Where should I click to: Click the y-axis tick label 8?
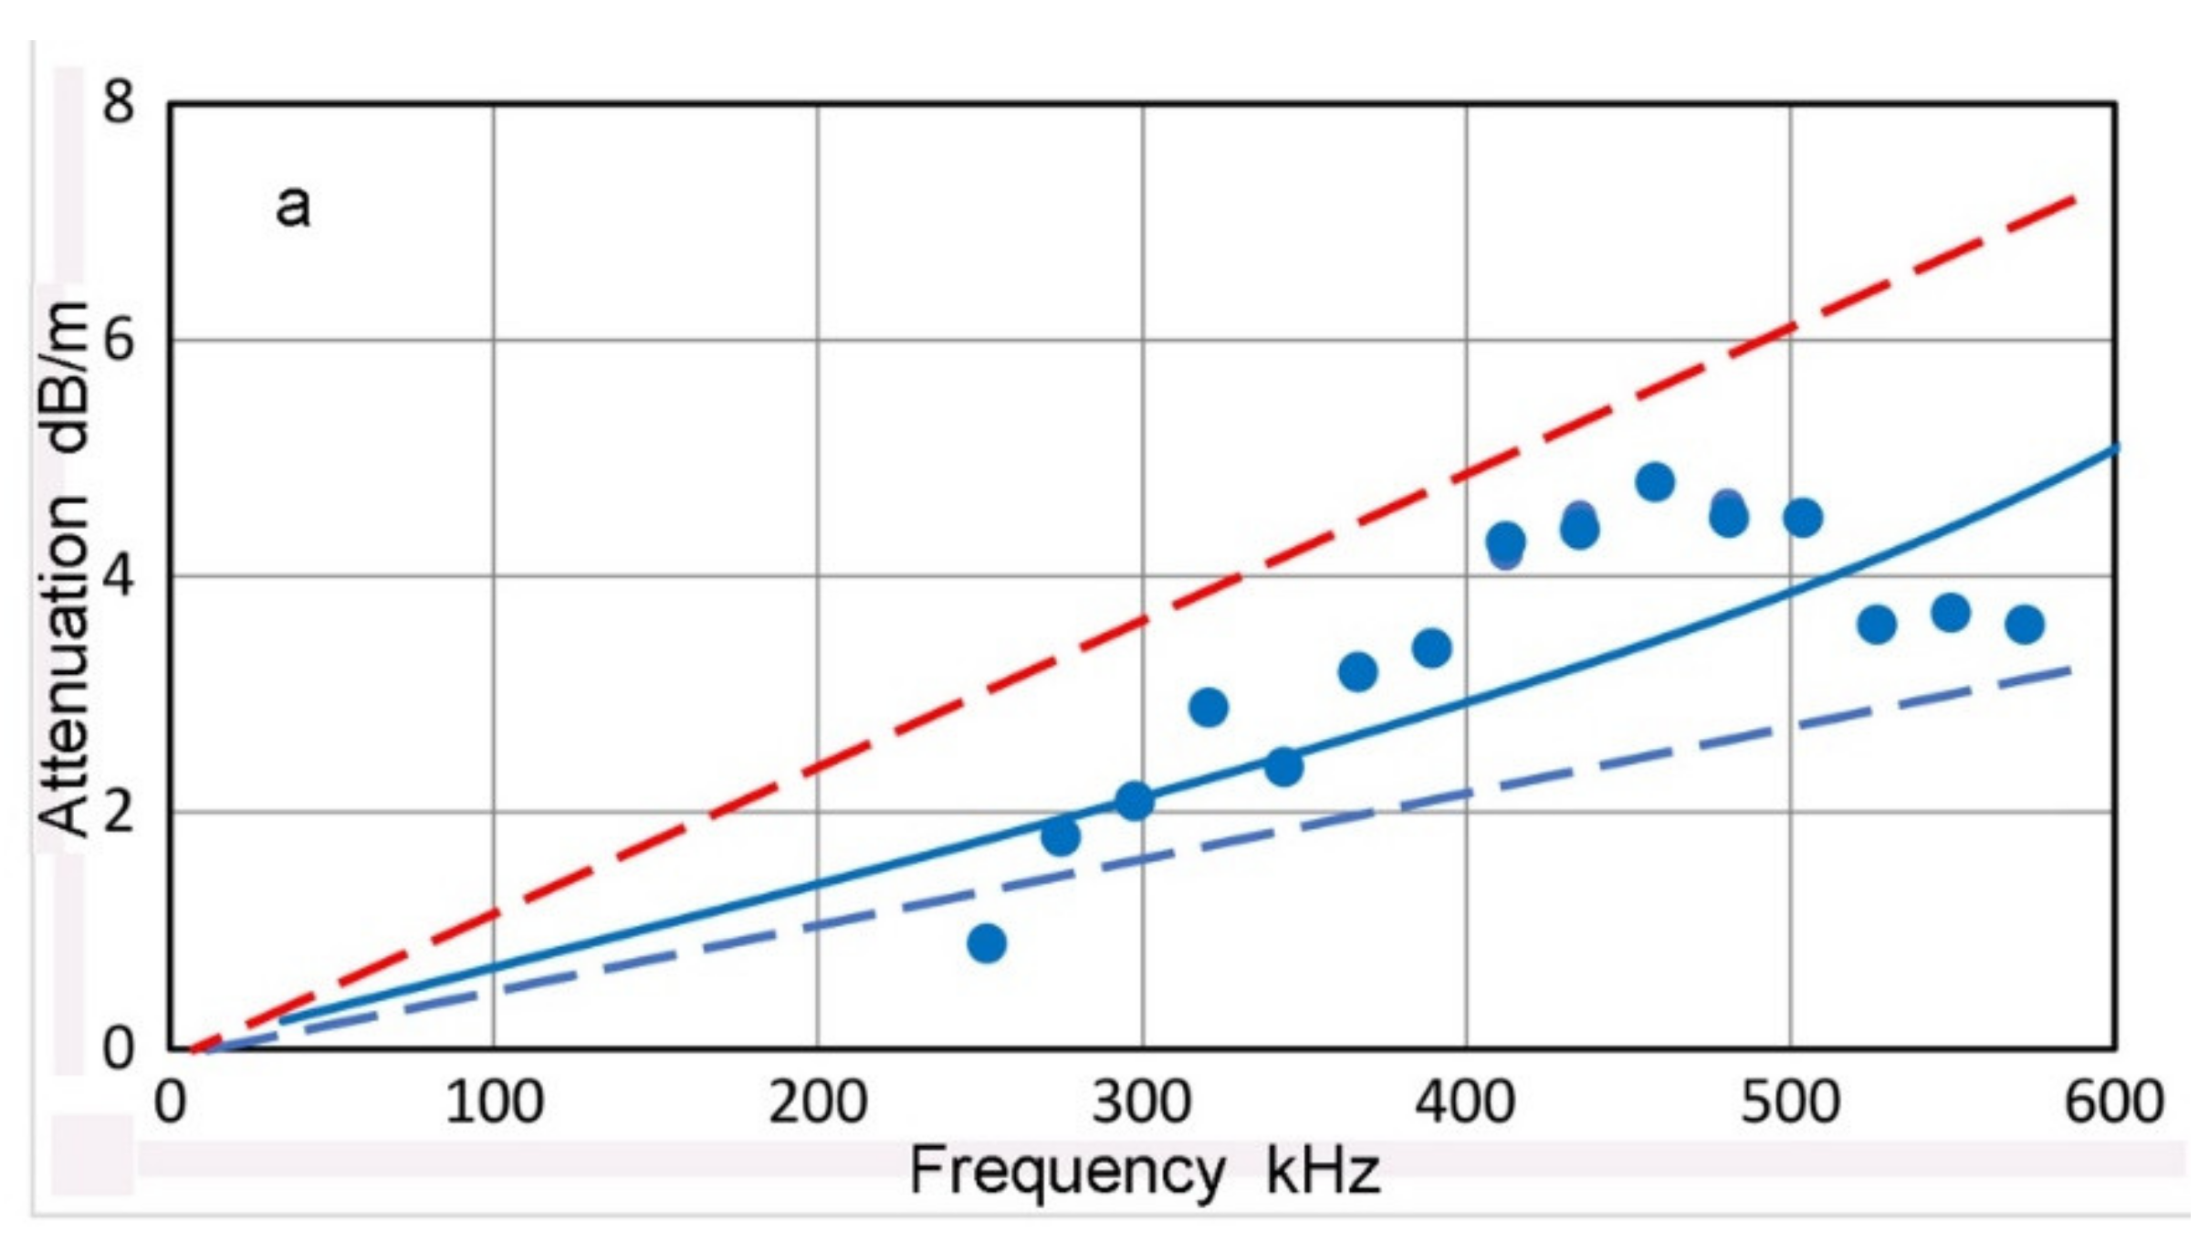118,102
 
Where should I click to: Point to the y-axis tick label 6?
118,342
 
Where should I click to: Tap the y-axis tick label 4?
118,577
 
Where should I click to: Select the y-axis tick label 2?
118,812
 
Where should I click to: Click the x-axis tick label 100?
494,1102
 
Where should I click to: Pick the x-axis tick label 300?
1142,1102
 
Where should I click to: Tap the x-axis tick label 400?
1465,1102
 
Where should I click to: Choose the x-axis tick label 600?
2113,1102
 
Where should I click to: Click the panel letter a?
293,205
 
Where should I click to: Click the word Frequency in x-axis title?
1066,1173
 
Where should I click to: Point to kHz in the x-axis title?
1322,1173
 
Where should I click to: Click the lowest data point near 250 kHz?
987,942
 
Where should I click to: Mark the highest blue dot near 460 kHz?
1655,481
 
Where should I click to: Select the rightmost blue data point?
2025,625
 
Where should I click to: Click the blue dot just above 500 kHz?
1803,518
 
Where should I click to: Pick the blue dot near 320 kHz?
1209,707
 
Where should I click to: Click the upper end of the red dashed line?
2073,200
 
